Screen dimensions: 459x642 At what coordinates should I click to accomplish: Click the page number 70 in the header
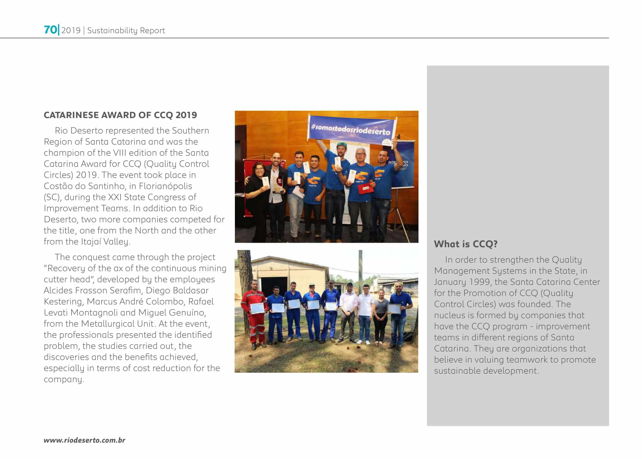[50, 30]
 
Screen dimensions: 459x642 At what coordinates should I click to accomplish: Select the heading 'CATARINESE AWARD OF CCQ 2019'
[120, 115]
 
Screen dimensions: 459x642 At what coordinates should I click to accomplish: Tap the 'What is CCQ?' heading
[465, 244]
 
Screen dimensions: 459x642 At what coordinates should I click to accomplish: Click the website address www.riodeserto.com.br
[84, 440]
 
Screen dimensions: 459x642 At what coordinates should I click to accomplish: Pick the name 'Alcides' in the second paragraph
[58, 290]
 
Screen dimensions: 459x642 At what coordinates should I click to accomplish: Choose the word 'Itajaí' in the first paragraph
[91, 242]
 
